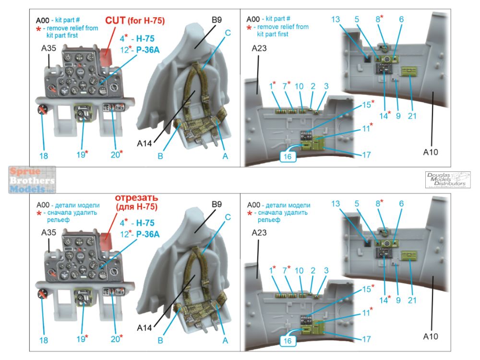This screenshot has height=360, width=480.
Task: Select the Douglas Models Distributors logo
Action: click(448, 179)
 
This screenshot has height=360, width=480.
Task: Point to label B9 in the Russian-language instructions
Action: click(217, 204)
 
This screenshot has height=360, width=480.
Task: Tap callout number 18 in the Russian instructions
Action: click(44, 340)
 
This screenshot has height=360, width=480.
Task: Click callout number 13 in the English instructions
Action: click(336, 19)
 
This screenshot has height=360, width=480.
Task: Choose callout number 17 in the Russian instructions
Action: click(366, 339)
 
